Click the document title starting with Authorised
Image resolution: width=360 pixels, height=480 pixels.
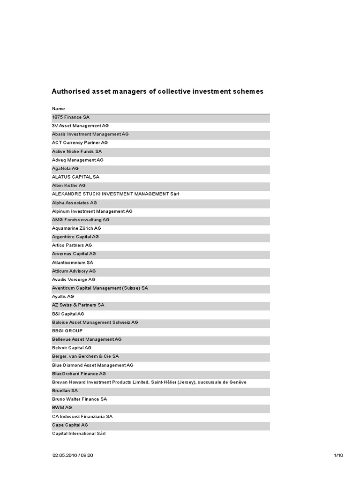click(157, 91)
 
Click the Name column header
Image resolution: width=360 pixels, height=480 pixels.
click(59, 109)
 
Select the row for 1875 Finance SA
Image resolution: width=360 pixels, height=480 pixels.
click(70, 117)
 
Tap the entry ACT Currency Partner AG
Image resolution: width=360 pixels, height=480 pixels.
click(80, 142)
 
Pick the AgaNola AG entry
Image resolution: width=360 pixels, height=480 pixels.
click(65, 168)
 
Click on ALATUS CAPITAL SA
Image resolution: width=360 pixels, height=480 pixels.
click(75, 177)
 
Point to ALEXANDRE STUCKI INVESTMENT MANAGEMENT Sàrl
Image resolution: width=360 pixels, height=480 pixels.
click(115, 194)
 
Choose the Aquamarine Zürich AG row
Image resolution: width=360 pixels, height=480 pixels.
click(76, 228)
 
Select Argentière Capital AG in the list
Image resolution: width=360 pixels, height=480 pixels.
click(75, 237)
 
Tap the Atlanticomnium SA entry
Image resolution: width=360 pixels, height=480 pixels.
click(73, 262)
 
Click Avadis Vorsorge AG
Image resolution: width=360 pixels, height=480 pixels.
click(74, 279)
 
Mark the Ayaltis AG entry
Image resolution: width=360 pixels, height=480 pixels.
click(63, 297)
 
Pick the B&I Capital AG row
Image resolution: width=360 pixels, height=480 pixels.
click(68, 314)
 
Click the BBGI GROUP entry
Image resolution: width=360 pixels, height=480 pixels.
click(67, 331)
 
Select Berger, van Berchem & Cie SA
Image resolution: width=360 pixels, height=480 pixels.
click(85, 356)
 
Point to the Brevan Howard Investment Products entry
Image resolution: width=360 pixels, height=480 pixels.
click(149, 382)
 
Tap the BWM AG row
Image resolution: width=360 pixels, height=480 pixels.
click(62, 408)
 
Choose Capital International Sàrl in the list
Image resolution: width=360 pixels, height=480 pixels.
click(79, 434)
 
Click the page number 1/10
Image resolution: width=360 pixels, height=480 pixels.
click(338, 455)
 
